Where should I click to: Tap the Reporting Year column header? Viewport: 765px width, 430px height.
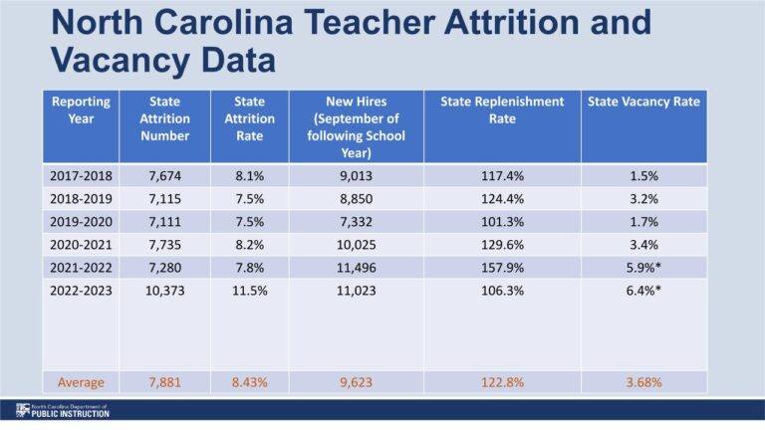click(80, 109)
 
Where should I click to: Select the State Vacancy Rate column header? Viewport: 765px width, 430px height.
click(643, 102)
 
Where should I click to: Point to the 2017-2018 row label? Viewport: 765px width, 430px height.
click(80, 176)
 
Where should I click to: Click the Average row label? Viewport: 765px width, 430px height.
click(80, 381)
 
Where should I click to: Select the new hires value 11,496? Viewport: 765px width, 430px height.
click(356, 267)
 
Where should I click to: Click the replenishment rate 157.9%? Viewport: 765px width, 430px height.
click(502, 267)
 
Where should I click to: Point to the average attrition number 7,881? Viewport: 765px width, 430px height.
click(164, 381)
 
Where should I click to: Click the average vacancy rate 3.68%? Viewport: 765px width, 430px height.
click(643, 381)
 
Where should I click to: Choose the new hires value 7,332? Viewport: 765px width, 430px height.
click(356, 221)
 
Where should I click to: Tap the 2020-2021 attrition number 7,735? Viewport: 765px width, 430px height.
click(164, 244)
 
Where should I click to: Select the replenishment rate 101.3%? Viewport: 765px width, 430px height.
click(502, 221)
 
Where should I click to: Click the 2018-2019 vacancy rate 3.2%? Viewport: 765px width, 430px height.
click(643, 199)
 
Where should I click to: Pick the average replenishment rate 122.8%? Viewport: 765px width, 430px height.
click(502, 381)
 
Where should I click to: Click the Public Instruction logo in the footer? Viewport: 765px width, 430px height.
click(62, 410)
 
